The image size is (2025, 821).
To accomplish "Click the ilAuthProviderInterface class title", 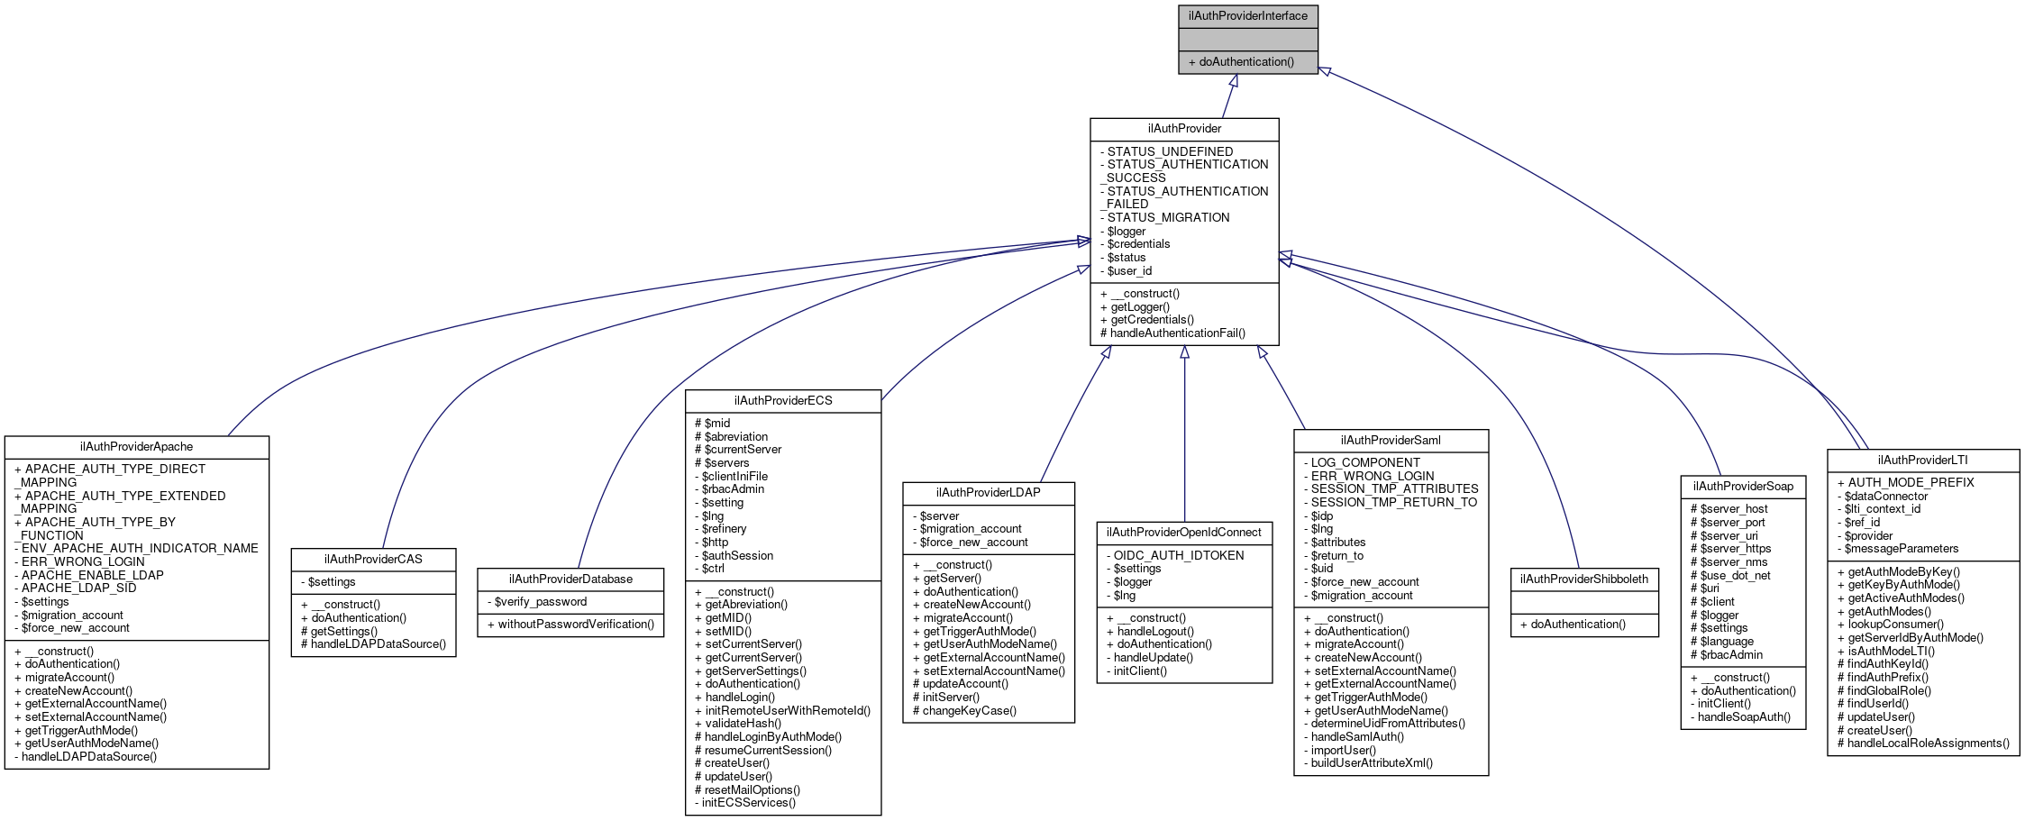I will [x=1247, y=16].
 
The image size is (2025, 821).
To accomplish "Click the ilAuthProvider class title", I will [x=1184, y=129].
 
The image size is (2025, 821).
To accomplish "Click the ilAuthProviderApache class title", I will [x=136, y=447].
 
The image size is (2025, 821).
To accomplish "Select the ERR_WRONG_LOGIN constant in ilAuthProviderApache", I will [x=83, y=561].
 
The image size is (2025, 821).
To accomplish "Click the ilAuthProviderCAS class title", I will [x=373, y=560].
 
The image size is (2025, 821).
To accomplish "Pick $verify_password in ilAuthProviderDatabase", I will [x=540, y=602].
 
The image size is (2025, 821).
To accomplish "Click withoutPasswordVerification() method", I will [x=576, y=625].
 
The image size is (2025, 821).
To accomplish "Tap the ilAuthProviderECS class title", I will [x=783, y=401].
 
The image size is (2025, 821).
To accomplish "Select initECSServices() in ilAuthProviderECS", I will [x=750, y=803].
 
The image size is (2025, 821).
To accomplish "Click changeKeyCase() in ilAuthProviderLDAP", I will [x=969, y=711].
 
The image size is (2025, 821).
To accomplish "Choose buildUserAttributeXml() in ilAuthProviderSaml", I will [x=1372, y=763].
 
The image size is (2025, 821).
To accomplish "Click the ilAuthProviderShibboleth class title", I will [x=1584, y=579].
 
